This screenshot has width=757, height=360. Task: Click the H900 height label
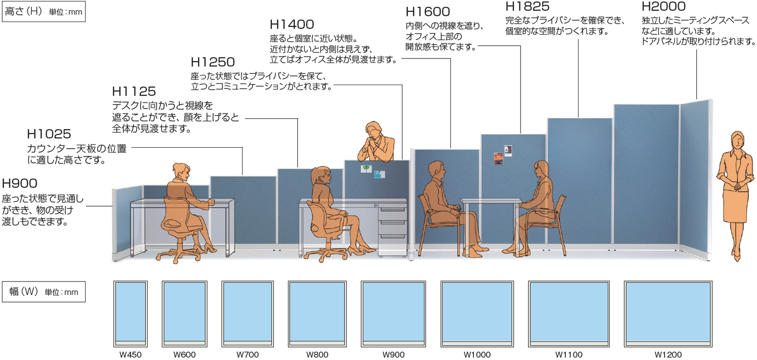pos(20,183)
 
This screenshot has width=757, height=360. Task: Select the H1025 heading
pos(49,134)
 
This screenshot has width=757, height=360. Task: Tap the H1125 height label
pos(134,91)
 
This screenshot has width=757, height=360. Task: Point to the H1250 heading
pos(213,62)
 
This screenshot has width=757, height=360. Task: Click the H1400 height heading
pos(292,24)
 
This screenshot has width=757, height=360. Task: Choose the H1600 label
pos(428,12)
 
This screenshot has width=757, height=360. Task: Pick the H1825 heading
pos(528,7)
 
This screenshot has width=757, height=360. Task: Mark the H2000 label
pos(664,7)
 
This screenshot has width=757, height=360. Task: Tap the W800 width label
pos(317,355)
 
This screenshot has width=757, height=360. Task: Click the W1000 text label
pos(477,355)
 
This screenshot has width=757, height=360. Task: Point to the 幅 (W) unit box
pos(44,292)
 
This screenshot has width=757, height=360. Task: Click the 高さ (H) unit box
pos(44,12)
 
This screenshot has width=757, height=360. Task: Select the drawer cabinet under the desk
pos(393,229)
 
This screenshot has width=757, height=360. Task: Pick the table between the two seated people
pos(491,202)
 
